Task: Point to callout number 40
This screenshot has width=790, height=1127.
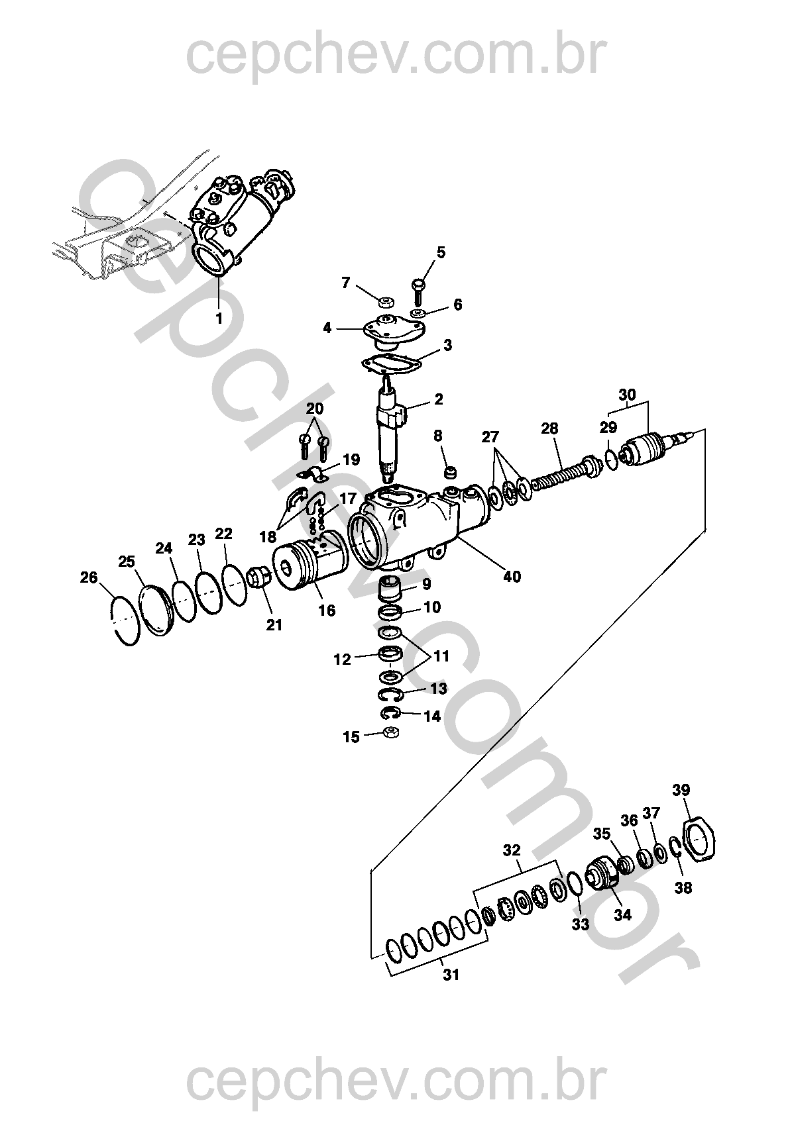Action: pos(511,576)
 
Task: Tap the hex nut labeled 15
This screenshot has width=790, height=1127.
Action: pos(391,732)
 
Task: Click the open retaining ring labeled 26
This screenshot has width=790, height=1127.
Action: pos(124,620)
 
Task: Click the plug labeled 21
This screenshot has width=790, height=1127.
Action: pos(259,577)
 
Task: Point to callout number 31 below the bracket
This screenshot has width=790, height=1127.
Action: pos(451,975)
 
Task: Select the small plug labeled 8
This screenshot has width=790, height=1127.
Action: pos(451,473)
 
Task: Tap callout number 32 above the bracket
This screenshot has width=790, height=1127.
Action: pos(512,850)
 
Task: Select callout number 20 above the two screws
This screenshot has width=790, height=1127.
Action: pos(315,408)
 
